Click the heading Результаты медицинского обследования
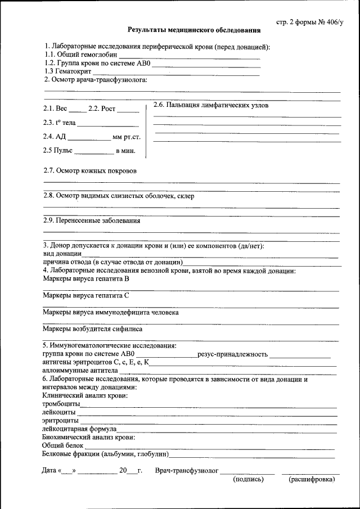click(x=193, y=30)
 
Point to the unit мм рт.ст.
click(x=127, y=137)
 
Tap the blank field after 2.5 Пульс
click(x=94, y=152)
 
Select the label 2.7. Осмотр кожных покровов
click(x=90, y=170)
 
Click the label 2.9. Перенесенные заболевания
click(x=92, y=221)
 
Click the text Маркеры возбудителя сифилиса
click(x=92, y=329)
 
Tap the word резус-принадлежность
click(x=232, y=354)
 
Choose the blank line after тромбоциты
click(x=208, y=406)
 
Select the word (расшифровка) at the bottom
click(x=311, y=480)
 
